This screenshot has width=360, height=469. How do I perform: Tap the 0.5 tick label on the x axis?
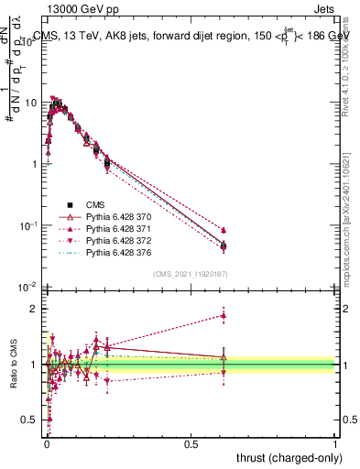pyautogui.click(x=191, y=443)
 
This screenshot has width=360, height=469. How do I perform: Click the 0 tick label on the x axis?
pyautogui.click(x=47, y=443)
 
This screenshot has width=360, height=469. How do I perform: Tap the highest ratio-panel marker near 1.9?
pyautogui.click(x=223, y=315)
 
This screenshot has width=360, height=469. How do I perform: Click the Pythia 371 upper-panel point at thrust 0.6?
pyautogui.click(x=223, y=230)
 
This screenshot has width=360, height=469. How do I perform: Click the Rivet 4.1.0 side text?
pyautogui.click(x=349, y=64)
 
